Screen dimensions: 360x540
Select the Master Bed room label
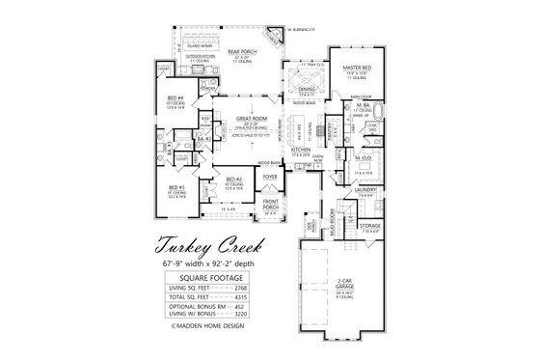pos(358,67)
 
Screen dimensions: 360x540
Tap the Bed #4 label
pos(177,98)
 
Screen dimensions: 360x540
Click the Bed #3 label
pos(176,186)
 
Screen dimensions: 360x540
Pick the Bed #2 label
pos(234,179)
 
